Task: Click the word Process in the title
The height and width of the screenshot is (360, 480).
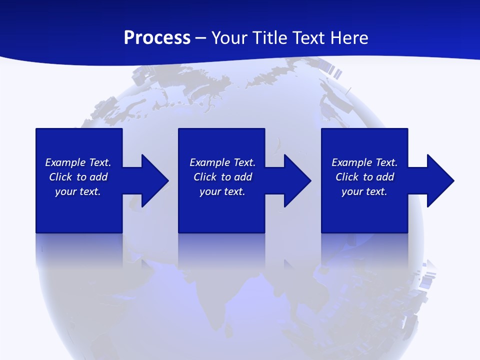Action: tap(157, 37)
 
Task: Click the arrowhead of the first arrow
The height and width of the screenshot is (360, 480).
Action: tap(154, 180)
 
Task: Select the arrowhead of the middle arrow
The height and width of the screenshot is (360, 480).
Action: tap(296, 180)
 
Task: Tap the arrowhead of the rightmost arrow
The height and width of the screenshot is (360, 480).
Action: tap(439, 180)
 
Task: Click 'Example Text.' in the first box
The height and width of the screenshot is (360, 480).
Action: tap(78, 162)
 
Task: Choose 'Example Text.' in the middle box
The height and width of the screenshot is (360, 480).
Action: tap(222, 162)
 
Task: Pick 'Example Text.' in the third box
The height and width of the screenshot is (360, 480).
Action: tap(364, 162)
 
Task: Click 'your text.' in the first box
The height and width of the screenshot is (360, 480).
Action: tap(78, 191)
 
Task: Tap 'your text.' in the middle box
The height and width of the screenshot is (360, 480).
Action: tap(222, 191)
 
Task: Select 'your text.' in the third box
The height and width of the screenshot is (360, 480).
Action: tap(364, 191)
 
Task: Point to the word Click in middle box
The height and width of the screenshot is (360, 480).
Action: tap(205, 177)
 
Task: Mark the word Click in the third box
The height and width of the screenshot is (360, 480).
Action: tap(347, 177)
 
